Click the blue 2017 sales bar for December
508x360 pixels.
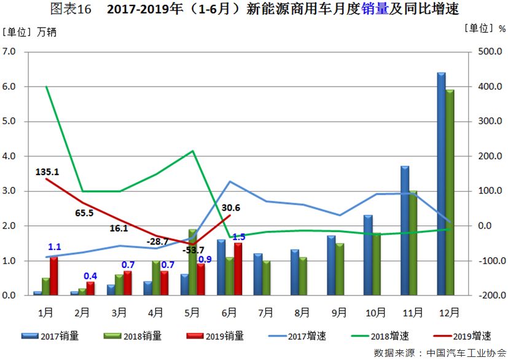(441, 184)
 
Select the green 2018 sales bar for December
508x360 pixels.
(450, 193)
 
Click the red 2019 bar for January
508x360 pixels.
(54, 276)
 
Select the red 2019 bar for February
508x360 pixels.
(91, 289)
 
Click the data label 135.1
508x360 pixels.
(47, 172)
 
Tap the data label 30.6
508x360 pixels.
(230, 208)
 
